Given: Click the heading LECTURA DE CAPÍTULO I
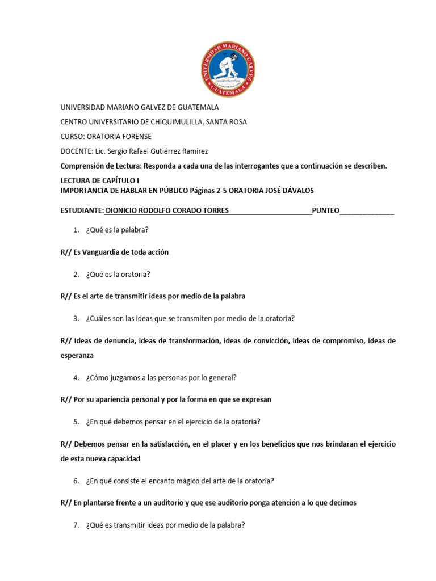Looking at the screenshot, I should [95, 180].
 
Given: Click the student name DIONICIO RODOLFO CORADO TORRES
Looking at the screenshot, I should [167, 210].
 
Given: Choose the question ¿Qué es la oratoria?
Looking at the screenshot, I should [118, 274].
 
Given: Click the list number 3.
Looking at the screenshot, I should [76, 318].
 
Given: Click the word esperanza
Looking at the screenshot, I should [77, 355].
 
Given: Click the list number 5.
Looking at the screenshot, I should [76, 422].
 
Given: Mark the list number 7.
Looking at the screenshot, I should [76, 525].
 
